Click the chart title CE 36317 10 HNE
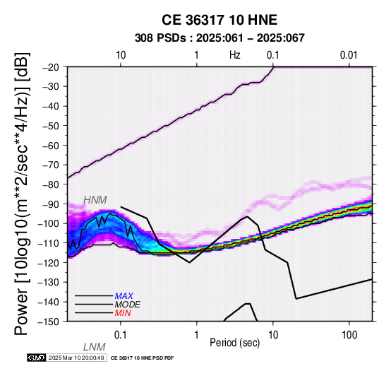219,20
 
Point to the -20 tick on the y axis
52,67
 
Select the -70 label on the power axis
52,165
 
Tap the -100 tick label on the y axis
49,224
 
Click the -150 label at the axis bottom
49,322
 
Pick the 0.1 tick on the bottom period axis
120,335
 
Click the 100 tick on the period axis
349,335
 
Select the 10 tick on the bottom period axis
273,335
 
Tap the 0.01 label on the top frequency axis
349,55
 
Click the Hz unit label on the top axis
235,55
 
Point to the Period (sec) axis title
234,343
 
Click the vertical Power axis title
22,194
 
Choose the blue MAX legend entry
124,296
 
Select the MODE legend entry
127,305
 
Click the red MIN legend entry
123,313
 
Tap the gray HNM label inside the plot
95,200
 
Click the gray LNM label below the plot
95,347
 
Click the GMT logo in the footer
37,358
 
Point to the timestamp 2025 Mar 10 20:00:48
76,358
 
